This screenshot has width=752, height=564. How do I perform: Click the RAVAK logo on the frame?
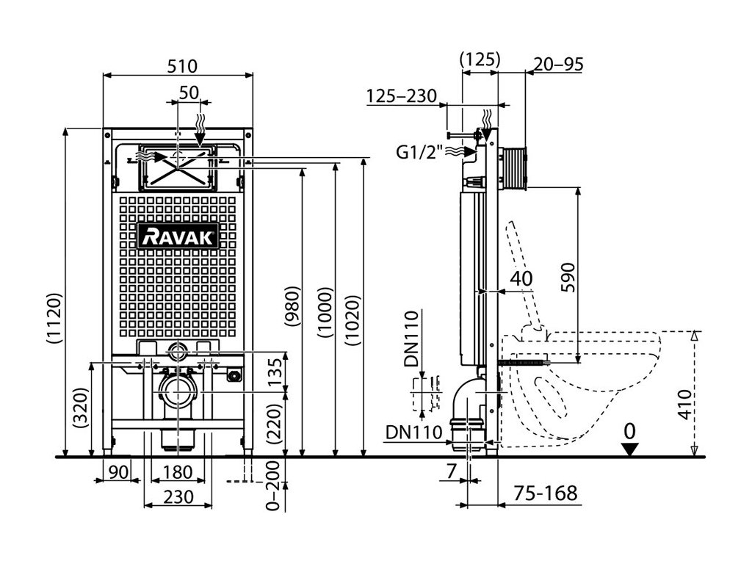coord(178,236)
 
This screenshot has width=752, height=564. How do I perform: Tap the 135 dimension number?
coord(274,372)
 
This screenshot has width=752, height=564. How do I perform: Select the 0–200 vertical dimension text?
coord(273,487)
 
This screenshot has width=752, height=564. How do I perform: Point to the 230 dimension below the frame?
coord(178,497)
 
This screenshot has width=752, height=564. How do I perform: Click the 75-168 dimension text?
coord(544,492)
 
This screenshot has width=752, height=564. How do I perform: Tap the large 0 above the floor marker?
coord(629,430)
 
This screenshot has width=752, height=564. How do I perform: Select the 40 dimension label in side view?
coord(522,278)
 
